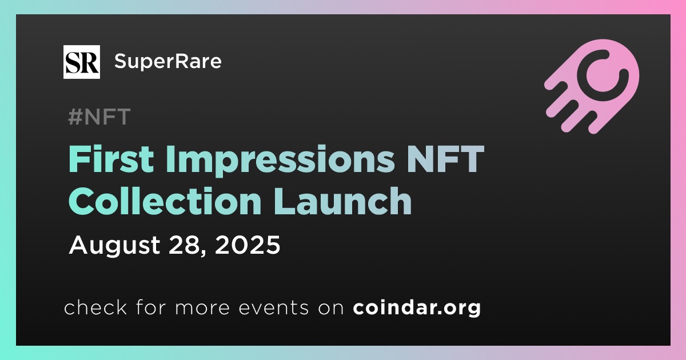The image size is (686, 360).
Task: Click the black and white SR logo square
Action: [x=81, y=62]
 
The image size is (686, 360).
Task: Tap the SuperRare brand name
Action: [x=168, y=61]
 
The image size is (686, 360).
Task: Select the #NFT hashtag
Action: [x=99, y=117]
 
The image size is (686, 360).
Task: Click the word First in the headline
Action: [x=111, y=159]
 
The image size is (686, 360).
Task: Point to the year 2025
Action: [x=248, y=245]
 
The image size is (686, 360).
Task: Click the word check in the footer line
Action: [x=95, y=307]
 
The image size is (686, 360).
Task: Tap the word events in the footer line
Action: [x=273, y=308]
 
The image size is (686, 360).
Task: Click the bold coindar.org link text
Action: [x=417, y=308]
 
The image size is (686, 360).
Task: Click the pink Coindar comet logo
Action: [x=592, y=86]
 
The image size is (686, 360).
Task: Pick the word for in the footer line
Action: [x=151, y=307]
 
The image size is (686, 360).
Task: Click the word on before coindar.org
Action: [x=331, y=309]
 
